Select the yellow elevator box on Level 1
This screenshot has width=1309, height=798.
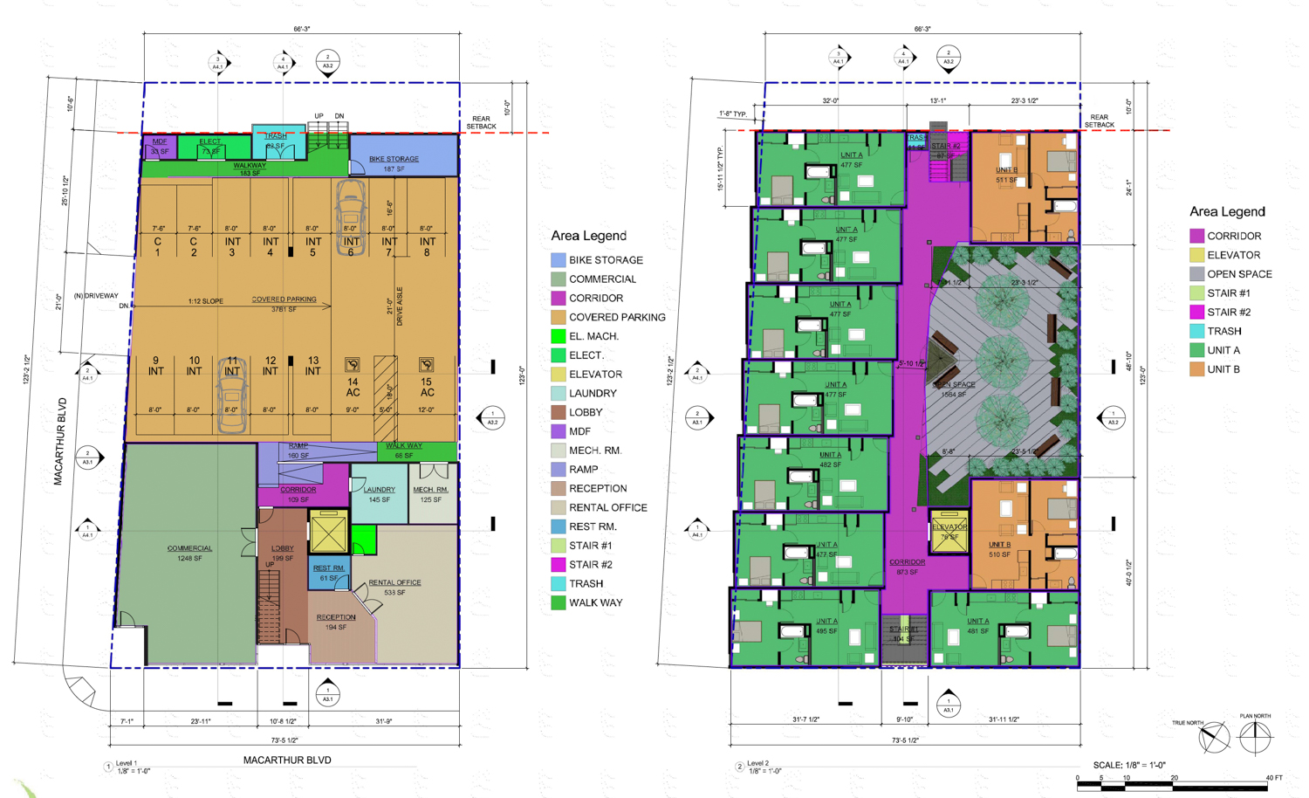(328, 531)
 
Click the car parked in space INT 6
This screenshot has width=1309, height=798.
(351, 216)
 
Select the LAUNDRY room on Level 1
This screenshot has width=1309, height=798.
(379, 494)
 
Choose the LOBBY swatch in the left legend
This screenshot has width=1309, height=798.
(559, 412)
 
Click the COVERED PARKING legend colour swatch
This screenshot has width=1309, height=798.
(559, 317)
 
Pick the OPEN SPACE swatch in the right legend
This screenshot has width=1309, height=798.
(1196, 274)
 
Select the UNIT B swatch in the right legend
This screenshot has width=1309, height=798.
(1196, 369)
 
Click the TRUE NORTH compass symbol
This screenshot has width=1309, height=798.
(1214, 739)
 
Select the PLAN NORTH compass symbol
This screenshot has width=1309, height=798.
(1255, 739)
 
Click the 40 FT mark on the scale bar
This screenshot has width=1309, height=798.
(1273, 778)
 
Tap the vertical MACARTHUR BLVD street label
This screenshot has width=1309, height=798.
(59, 441)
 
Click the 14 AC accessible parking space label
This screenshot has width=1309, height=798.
(353, 387)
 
